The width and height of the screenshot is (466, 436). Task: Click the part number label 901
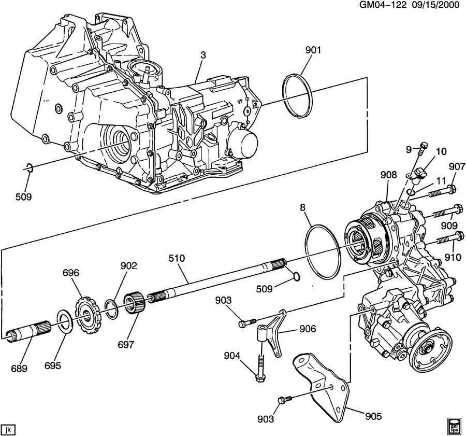[x=313, y=50]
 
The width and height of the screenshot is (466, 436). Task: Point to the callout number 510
[x=177, y=258]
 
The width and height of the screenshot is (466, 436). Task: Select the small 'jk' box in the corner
[x=9, y=429]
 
